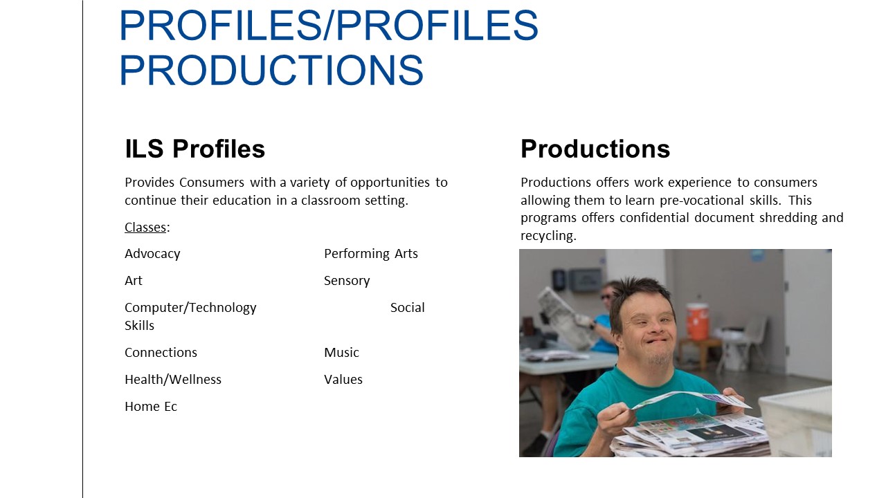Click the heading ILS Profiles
(x=195, y=149)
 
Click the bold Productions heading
(x=595, y=149)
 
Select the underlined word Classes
(x=145, y=228)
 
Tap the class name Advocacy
(x=152, y=254)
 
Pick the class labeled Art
(x=134, y=281)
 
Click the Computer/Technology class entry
(x=190, y=308)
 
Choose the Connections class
(x=161, y=353)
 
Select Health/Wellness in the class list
(x=173, y=380)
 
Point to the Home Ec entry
(x=151, y=406)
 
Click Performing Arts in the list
(x=370, y=254)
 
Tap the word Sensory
(x=347, y=281)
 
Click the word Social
(x=408, y=308)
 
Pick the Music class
(x=341, y=353)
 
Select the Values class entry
(x=343, y=380)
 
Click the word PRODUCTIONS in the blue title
(x=271, y=70)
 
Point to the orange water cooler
(x=697, y=321)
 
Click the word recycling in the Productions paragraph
(x=548, y=236)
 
